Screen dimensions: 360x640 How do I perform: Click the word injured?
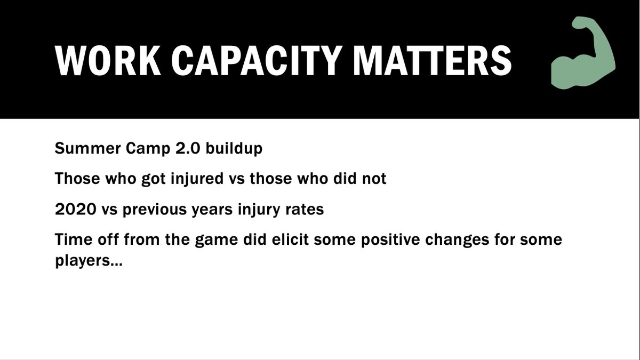[x=205, y=179]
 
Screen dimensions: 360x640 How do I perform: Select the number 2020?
[x=73, y=210]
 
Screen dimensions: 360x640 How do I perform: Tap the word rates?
[x=304, y=210]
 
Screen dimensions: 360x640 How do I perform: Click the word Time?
[x=70, y=239]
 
